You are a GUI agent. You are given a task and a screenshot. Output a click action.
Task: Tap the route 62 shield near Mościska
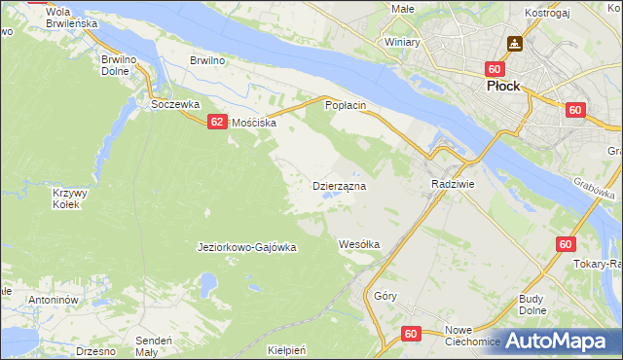pyautogui.click(x=216, y=122)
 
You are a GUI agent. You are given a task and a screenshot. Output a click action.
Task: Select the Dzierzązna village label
pyautogui.click(x=338, y=185)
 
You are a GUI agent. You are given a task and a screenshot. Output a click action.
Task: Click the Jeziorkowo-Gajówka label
pyautogui.click(x=246, y=247)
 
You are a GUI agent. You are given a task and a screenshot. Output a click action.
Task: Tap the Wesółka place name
pyautogui.click(x=358, y=244)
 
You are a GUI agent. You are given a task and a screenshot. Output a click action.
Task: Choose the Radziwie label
pyautogui.click(x=452, y=183)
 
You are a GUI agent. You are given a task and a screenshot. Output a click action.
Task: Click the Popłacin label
pyautogui.click(x=345, y=104)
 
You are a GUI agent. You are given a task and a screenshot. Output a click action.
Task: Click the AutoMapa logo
pyautogui.click(x=558, y=342)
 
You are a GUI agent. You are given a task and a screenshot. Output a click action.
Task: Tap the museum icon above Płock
pyautogui.click(x=514, y=44)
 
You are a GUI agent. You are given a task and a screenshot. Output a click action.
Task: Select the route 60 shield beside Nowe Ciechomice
pyautogui.click(x=410, y=335)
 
